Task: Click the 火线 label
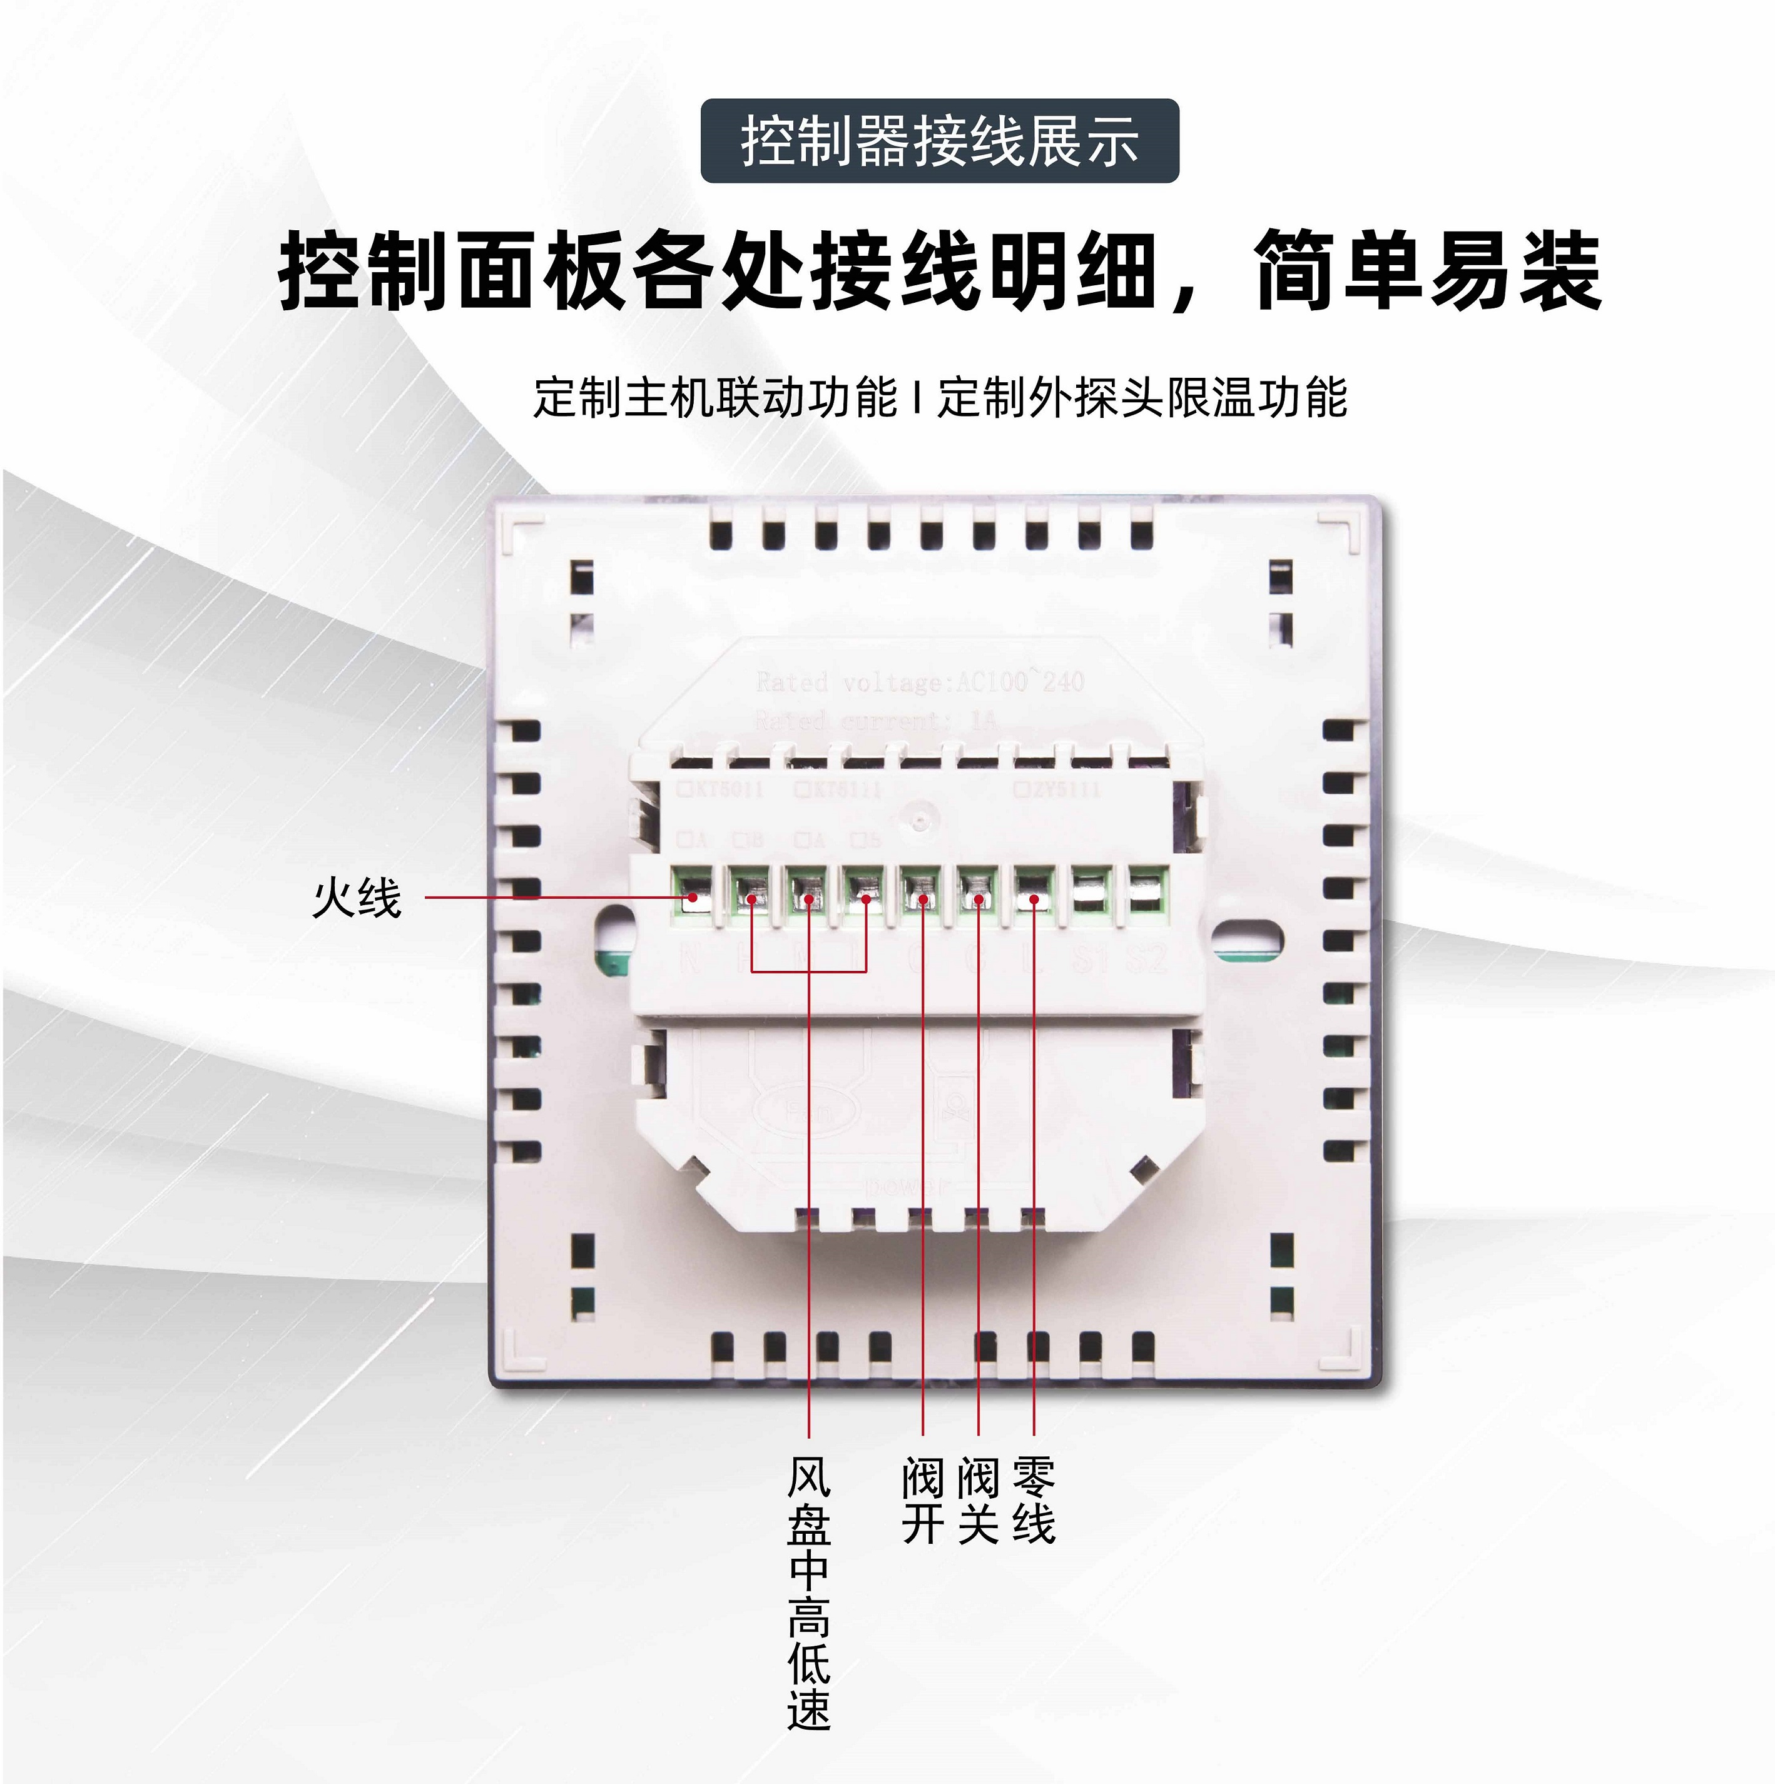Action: (x=357, y=898)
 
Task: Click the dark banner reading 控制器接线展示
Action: (x=939, y=141)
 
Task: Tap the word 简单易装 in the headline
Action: (x=1428, y=271)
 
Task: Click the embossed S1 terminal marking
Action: (x=1091, y=960)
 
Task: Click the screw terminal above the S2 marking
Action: (x=1147, y=893)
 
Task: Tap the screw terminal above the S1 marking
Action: (x=1091, y=893)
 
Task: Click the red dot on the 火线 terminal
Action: (x=692, y=896)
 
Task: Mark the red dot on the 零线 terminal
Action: (x=1034, y=898)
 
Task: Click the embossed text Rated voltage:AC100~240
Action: (x=920, y=682)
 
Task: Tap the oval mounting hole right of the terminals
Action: (x=1247, y=939)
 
